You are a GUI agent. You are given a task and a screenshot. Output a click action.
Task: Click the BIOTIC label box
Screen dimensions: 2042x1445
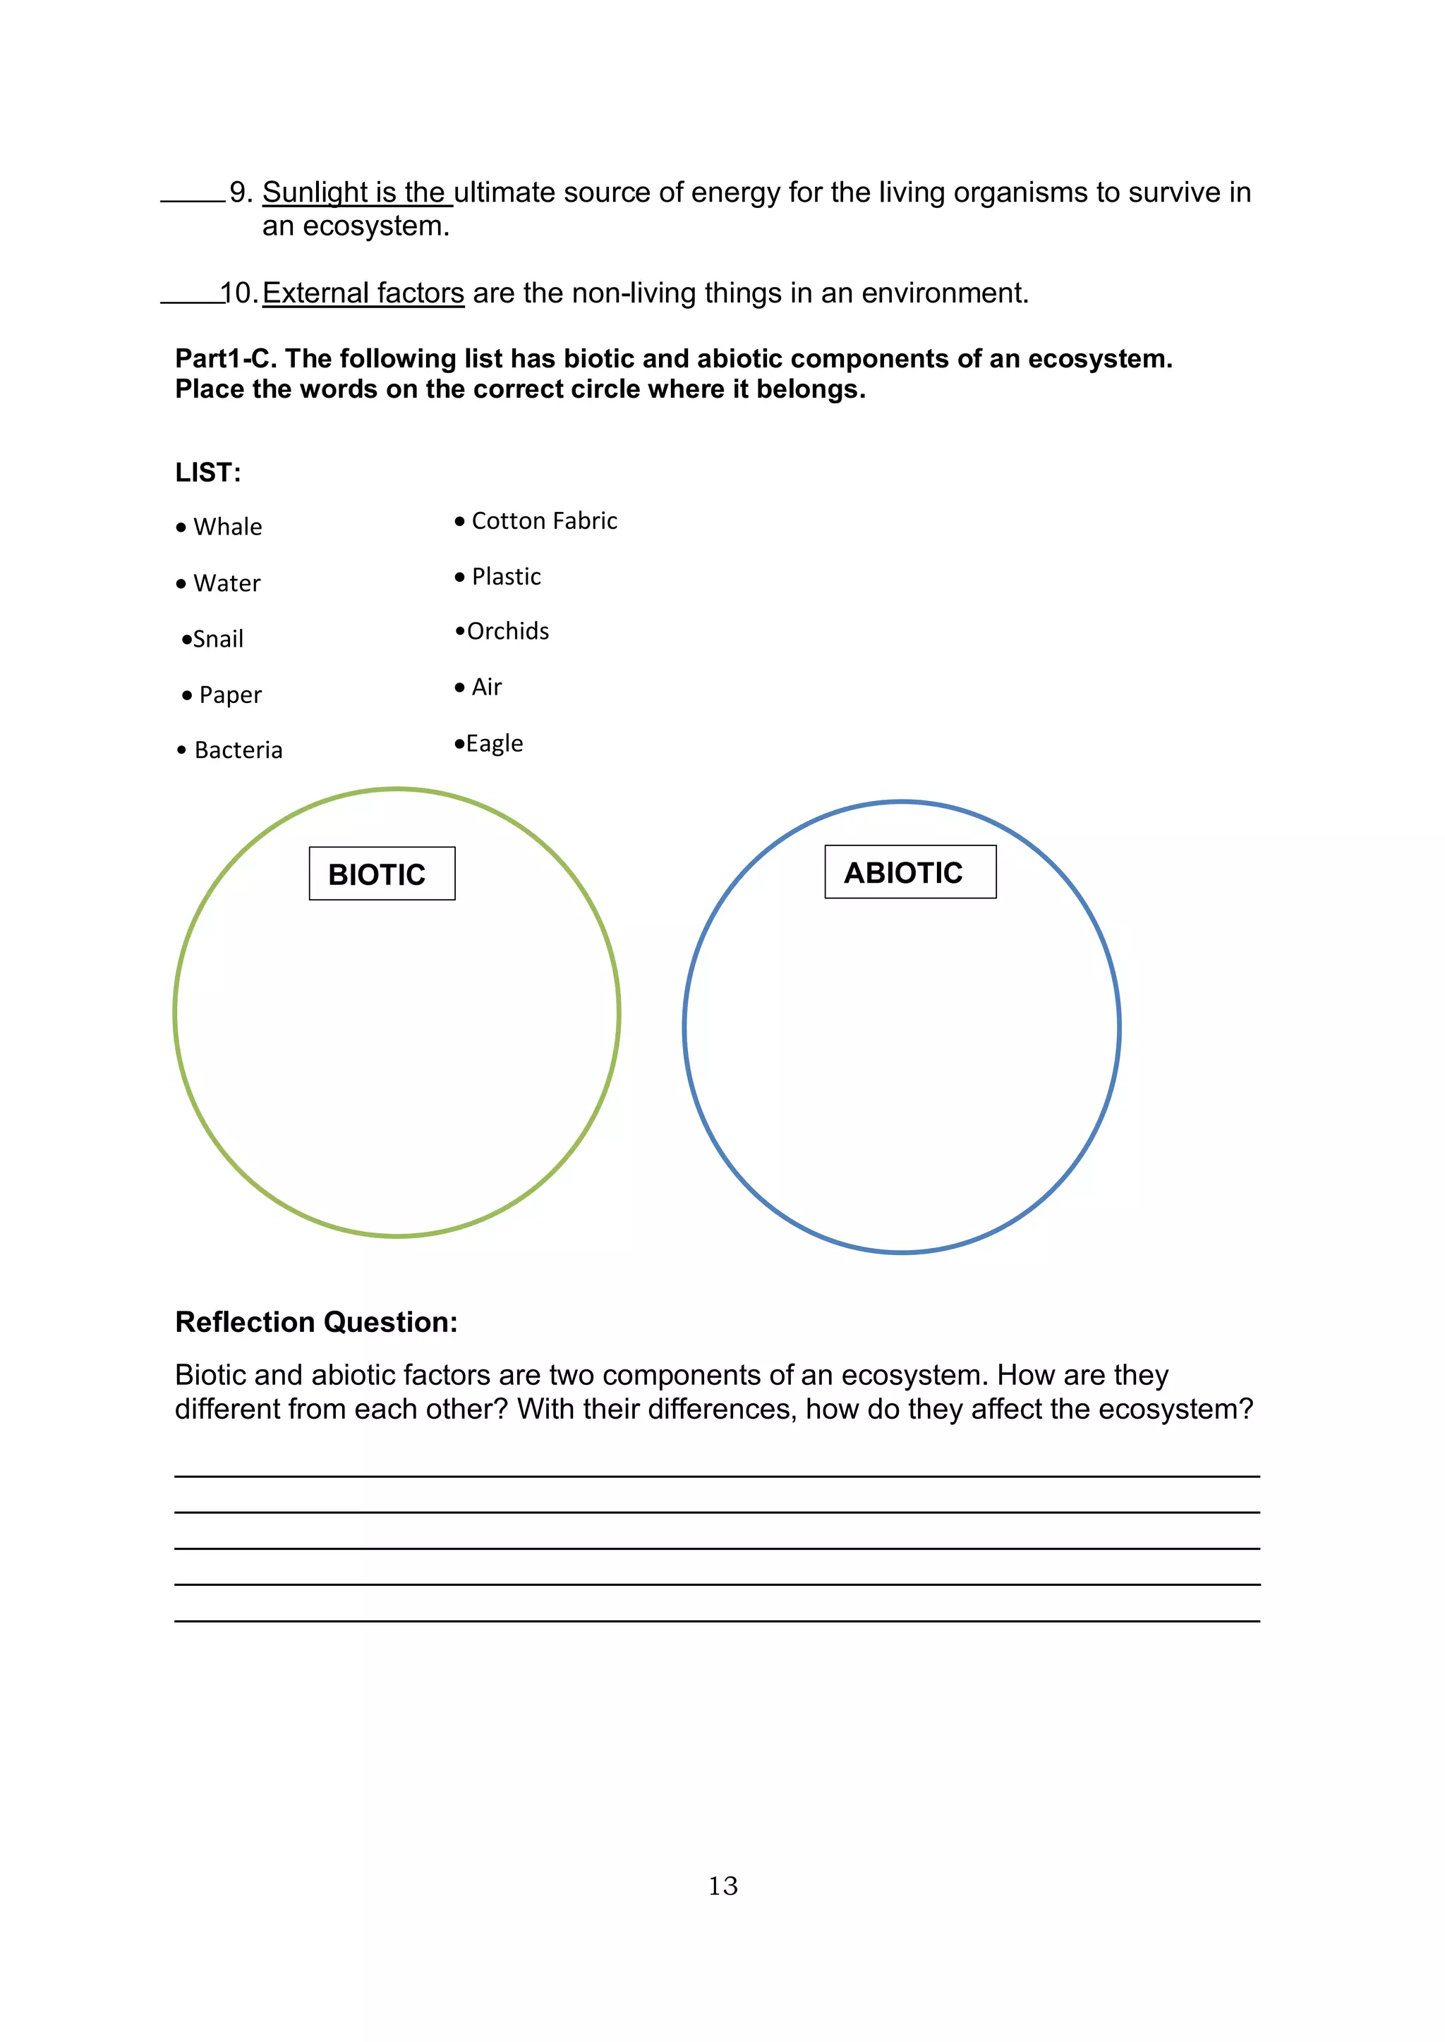[x=382, y=874]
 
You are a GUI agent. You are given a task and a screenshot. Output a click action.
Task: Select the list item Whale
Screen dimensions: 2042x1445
[x=227, y=527]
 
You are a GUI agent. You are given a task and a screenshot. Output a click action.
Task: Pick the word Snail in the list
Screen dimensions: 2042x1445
[x=217, y=639]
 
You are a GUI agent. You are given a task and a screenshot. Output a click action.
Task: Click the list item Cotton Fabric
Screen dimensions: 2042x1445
[x=544, y=520]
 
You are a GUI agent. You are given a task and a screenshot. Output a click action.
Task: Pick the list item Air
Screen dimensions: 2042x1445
[x=486, y=687]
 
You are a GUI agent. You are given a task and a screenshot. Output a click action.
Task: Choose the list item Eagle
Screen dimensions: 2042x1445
[x=494, y=742]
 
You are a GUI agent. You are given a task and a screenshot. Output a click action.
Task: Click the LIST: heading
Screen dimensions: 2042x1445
[x=207, y=472]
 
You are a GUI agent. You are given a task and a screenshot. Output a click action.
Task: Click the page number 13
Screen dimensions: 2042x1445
[x=722, y=1885]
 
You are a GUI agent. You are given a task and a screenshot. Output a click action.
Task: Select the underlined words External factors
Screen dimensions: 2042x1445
[x=363, y=293]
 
